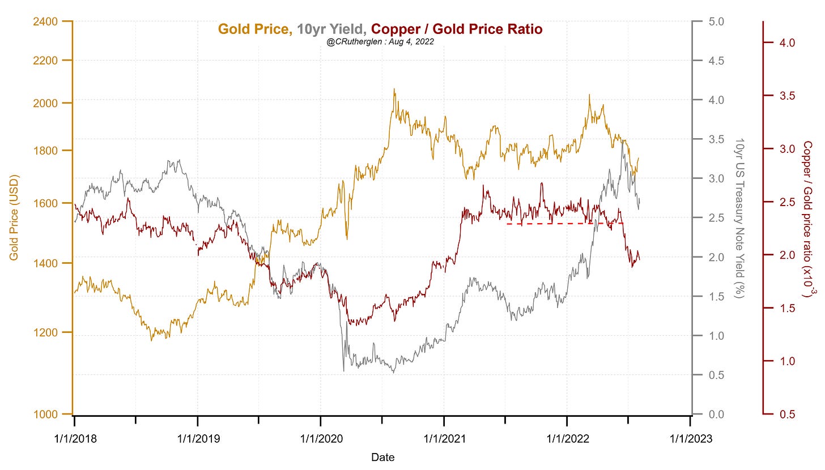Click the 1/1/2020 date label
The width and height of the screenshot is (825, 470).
click(321, 438)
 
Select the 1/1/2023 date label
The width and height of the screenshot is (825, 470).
click(690, 438)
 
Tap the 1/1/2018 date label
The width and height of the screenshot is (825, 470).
click(74, 438)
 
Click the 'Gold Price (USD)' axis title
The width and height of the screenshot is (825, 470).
click(14, 218)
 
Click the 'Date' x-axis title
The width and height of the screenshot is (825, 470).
click(382, 457)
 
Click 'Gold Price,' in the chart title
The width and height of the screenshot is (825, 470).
click(255, 29)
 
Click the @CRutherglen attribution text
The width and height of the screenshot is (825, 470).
click(380, 41)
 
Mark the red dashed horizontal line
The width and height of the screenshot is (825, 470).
click(564, 224)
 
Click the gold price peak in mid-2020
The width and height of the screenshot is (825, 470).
click(394, 89)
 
